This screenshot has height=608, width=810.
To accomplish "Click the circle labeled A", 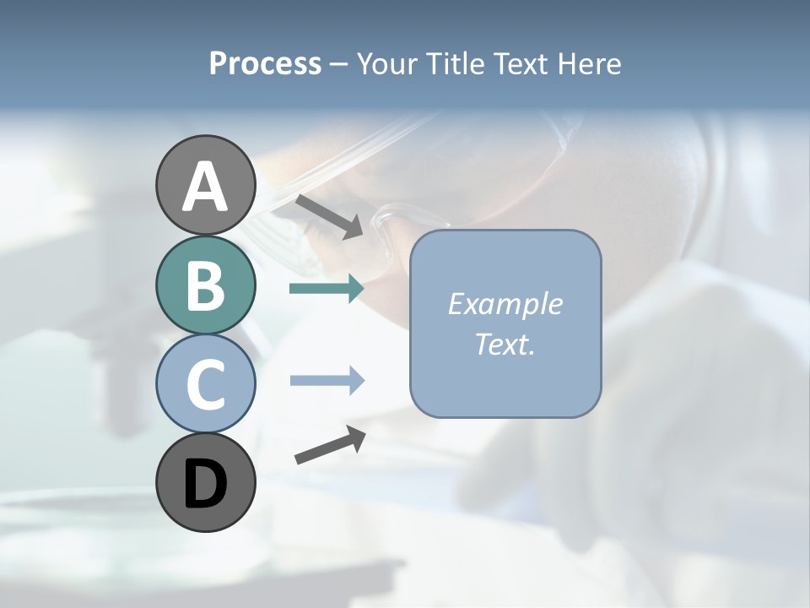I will click(x=205, y=186).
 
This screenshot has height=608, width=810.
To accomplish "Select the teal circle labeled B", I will click(x=205, y=285).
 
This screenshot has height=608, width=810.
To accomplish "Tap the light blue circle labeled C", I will click(x=205, y=383).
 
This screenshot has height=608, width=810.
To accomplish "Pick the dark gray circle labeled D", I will click(x=205, y=482).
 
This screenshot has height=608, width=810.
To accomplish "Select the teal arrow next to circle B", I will click(x=327, y=289).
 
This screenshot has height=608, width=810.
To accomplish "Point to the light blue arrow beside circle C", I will click(x=327, y=381).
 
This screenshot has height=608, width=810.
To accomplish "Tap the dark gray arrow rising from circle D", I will click(x=330, y=444).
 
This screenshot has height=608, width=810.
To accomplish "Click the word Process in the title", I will click(x=265, y=64).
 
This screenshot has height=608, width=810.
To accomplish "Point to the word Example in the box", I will click(x=505, y=304).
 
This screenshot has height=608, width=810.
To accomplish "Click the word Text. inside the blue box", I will click(x=505, y=345).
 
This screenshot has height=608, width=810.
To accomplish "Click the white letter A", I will click(x=205, y=187).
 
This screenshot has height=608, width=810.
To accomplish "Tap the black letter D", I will click(x=205, y=484).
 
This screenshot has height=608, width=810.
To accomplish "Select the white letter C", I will click(x=205, y=384).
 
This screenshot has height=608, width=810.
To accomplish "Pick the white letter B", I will click(x=205, y=286).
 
